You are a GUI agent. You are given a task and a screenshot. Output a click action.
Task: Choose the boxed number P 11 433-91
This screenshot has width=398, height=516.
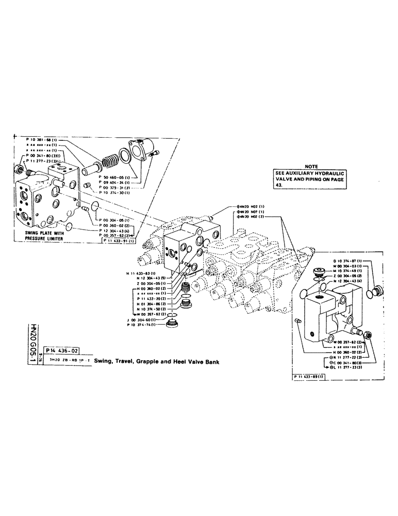click(x=119, y=241)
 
